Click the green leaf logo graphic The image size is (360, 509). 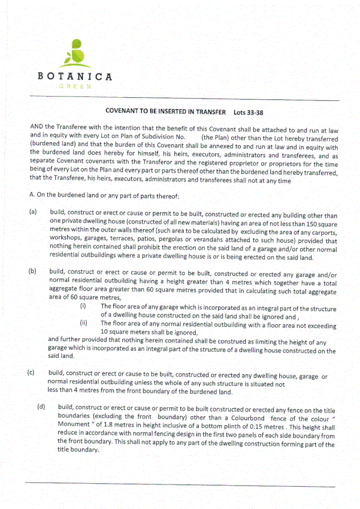74,54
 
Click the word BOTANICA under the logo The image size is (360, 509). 74,77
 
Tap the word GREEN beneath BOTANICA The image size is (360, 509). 74,86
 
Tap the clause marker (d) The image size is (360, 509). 41,407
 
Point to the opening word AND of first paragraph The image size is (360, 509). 37,128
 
